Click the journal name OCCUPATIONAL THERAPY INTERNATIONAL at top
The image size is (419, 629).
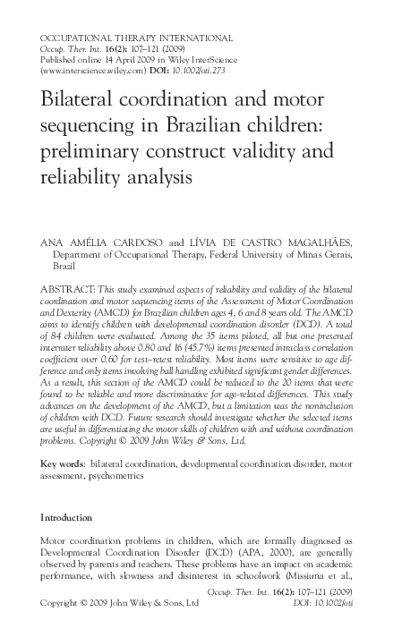tap(137, 38)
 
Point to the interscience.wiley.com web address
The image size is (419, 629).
tap(91, 68)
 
